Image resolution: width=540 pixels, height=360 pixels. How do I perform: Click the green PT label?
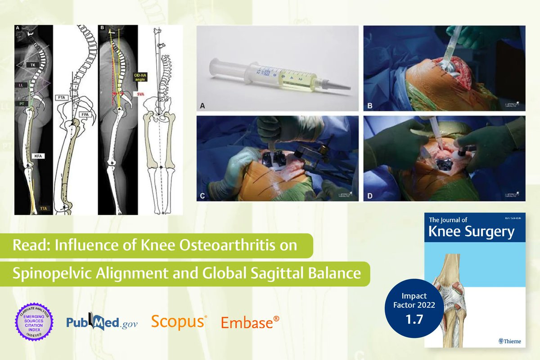pos(21,104)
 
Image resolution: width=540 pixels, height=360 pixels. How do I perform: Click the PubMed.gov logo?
pos(102,322)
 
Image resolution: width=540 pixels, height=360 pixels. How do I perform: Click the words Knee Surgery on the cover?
pos(471,232)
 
